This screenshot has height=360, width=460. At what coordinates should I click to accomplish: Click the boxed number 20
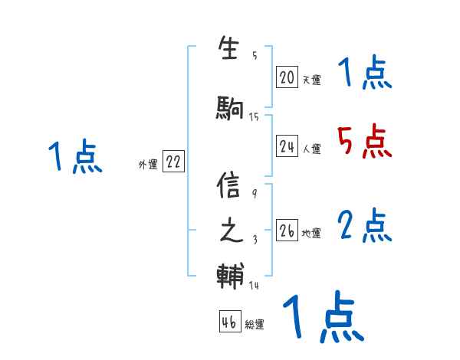[287, 77]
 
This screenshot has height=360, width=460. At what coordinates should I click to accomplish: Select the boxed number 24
[287, 147]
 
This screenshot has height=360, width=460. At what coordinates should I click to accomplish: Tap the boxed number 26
[287, 231]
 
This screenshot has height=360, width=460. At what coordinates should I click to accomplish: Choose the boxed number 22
[173, 162]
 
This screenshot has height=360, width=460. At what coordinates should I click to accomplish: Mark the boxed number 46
[229, 322]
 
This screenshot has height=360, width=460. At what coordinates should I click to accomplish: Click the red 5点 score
[364, 141]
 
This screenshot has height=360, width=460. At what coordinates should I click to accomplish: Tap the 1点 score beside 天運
[364, 74]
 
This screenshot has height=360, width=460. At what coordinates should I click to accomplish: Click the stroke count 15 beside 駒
[254, 116]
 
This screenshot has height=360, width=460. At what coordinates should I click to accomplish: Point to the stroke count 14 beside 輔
[254, 286]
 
